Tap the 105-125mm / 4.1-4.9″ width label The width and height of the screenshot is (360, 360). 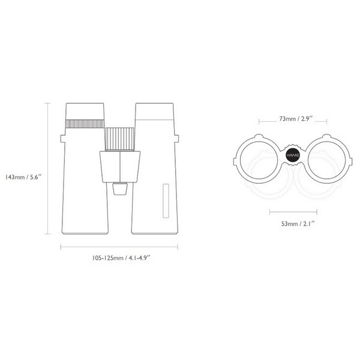[120, 257]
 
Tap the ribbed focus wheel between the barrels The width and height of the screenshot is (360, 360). [119, 139]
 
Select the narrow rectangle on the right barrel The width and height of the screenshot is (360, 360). [166, 201]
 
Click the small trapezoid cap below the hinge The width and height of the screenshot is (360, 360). [119, 190]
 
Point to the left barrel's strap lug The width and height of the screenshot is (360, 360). [62, 139]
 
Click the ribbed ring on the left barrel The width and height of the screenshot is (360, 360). [85, 124]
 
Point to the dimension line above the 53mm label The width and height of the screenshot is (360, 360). [293, 211]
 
